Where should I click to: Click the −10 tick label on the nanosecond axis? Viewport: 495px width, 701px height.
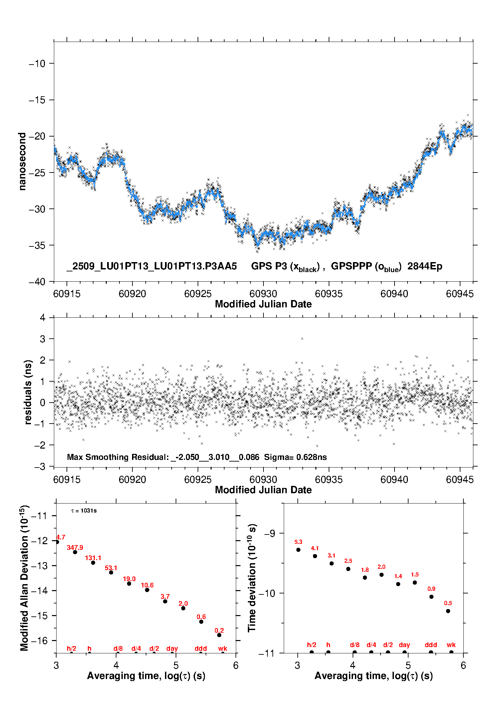(37, 64)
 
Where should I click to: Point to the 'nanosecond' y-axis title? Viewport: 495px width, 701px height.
(22, 162)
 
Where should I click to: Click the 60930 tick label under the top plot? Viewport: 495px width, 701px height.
(263, 294)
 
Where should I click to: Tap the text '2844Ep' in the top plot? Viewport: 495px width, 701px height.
(425, 266)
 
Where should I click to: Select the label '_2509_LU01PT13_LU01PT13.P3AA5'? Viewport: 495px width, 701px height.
(152, 266)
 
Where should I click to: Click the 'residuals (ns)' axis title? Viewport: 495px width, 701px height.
(28, 392)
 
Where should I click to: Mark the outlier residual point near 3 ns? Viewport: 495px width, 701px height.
(302, 339)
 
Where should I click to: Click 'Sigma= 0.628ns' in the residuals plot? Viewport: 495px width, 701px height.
(295, 457)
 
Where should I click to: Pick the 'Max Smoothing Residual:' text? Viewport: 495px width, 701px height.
(118, 457)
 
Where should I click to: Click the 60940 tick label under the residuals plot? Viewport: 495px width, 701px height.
(394, 480)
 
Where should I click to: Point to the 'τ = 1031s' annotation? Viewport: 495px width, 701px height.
(84, 511)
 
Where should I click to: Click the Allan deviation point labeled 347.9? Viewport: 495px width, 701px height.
(75, 552)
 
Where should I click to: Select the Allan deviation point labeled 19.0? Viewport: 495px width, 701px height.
(129, 583)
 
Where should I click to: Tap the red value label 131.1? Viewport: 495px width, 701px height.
(93, 558)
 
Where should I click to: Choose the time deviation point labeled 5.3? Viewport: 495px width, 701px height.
(298, 550)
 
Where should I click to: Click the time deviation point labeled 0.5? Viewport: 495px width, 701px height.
(448, 611)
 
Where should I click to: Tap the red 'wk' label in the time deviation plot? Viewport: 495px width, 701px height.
(451, 645)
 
